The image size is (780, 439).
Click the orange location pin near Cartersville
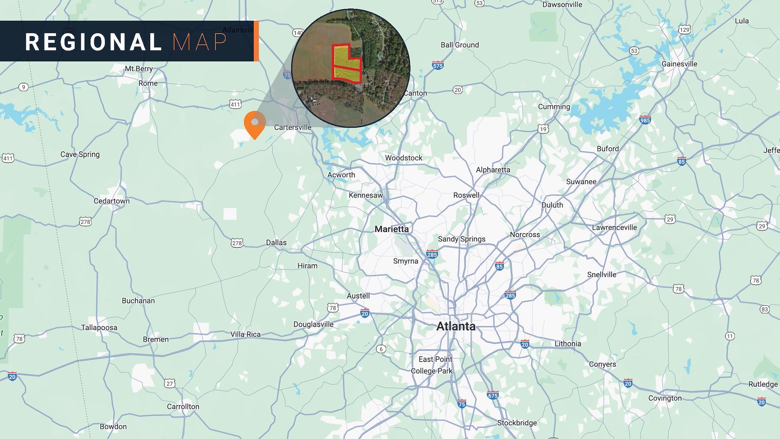point(255,123)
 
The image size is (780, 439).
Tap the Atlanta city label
point(455,326)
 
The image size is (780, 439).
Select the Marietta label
point(392,229)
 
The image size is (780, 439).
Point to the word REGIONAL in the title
point(93,42)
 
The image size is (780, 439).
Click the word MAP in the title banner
point(199,42)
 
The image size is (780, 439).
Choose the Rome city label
point(148,83)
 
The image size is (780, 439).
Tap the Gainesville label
point(679,64)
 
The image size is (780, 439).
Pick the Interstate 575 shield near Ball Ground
point(438,65)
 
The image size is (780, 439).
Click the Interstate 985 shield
point(645,120)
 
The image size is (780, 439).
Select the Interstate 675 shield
point(493,395)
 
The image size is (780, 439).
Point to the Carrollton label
point(183,406)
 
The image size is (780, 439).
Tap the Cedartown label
point(112,201)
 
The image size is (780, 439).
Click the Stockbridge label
point(517,423)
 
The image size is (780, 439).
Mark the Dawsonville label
point(562,5)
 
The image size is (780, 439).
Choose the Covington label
point(665,398)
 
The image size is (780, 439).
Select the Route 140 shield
point(298,33)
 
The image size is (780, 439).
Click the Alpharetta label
point(493,170)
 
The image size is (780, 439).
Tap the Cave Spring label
point(80,154)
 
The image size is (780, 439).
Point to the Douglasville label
point(313,324)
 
